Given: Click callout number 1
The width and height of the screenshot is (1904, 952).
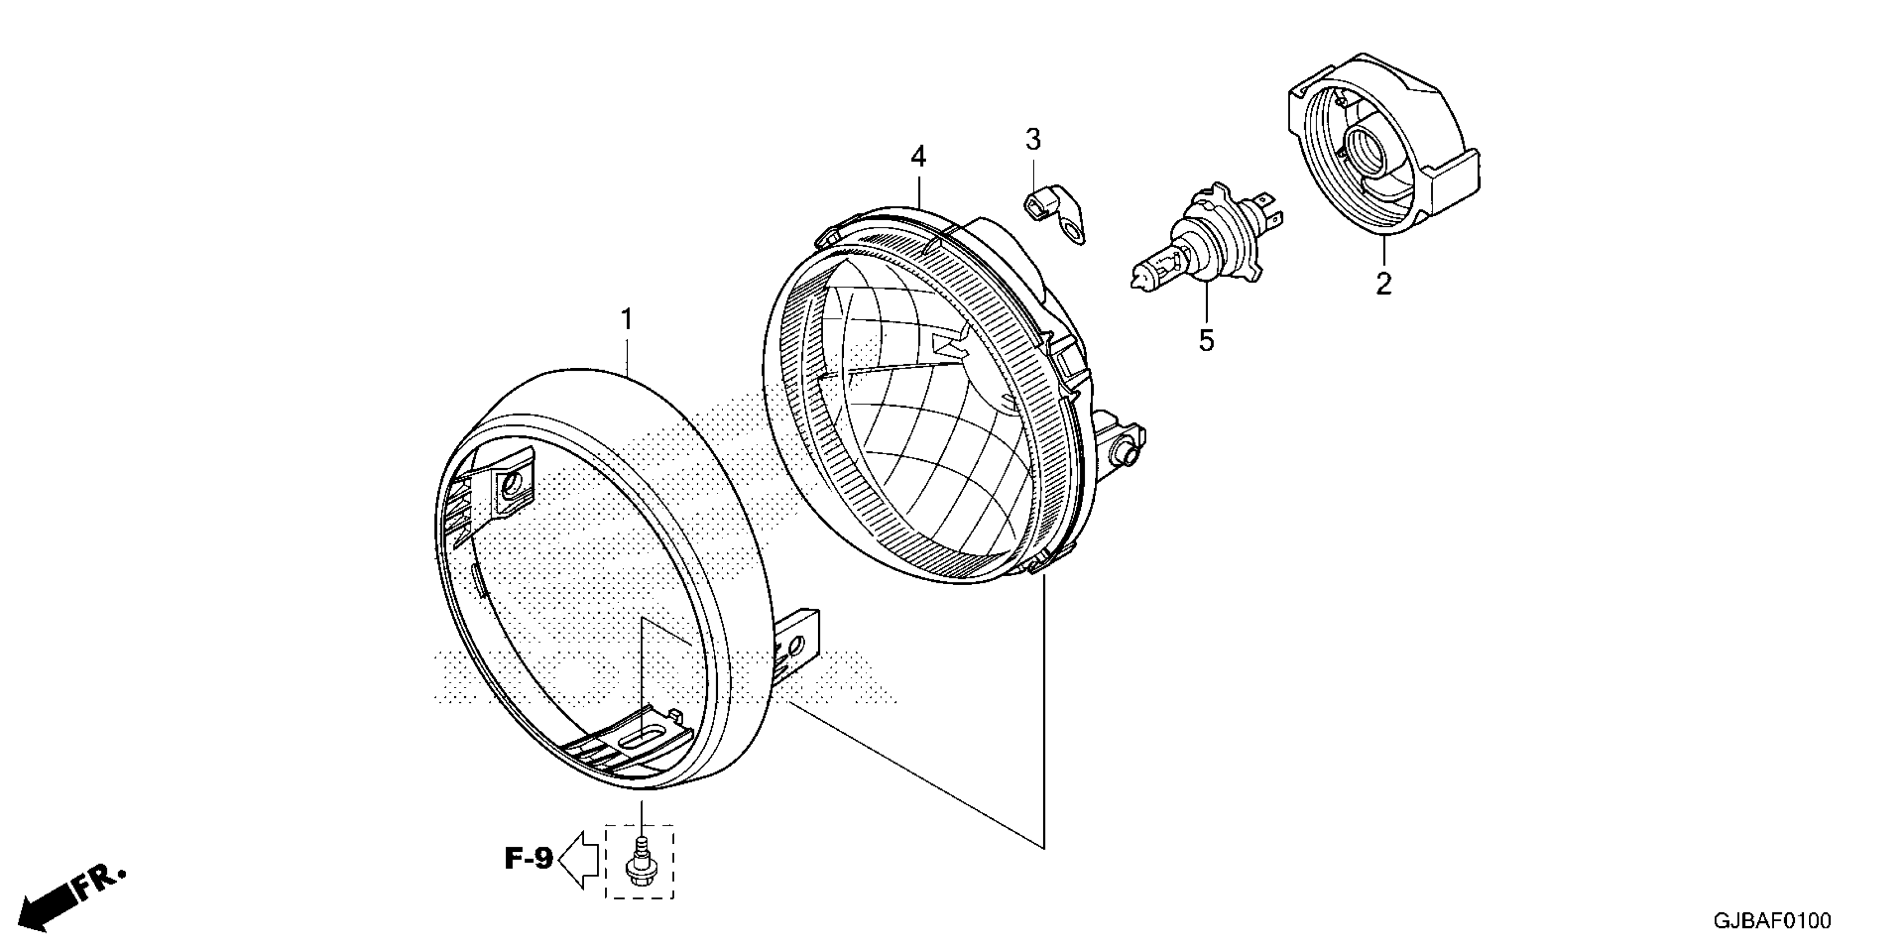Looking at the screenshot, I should tap(627, 320).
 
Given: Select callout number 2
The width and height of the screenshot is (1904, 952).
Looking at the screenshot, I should tap(1384, 284).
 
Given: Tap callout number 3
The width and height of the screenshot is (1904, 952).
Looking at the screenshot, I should tap(1033, 139).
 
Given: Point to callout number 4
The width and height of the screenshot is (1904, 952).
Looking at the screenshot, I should tap(918, 157).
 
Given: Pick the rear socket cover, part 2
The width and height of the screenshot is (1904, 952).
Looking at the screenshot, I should tap(1382, 148).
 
